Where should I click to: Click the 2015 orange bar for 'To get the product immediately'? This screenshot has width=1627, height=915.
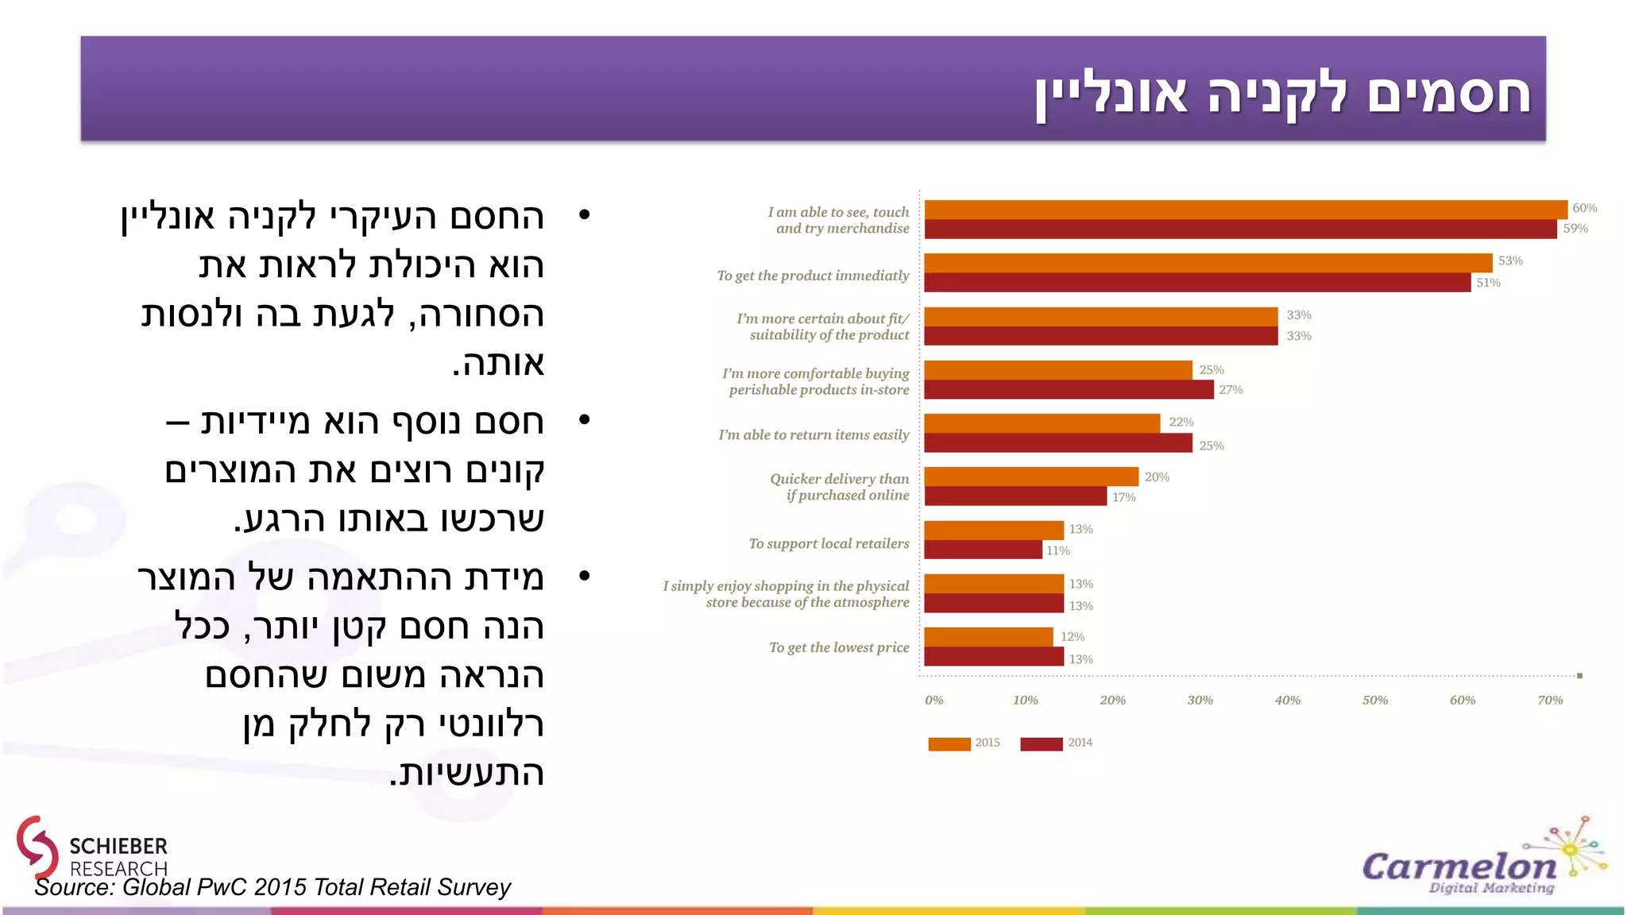pyautogui.click(x=1208, y=263)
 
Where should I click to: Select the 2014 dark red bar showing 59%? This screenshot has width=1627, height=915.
pyautogui.click(x=1239, y=230)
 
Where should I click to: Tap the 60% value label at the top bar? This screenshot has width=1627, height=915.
pyautogui.click(x=1584, y=208)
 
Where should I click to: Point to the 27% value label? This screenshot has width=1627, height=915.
pyautogui.click(x=1231, y=390)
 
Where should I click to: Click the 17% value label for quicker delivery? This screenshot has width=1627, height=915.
pyautogui.click(x=1123, y=497)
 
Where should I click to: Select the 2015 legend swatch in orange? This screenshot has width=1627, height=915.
pyautogui.click(x=949, y=743)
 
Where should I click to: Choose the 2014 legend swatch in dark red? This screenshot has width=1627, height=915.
pyautogui.click(x=1041, y=743)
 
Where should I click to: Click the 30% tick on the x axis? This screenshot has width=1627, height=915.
pyautogui.click(x=1200, y=701)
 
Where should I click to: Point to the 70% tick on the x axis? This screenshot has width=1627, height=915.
pyautogui.click(x=1549, y=701)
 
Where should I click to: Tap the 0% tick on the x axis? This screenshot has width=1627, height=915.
pyautogui.click(x=934, y=701)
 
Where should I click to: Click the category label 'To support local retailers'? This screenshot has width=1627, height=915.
pyautogui.click(x=829, y=544)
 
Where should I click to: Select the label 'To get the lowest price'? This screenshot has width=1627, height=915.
pyautogui.click(x=839, y=648)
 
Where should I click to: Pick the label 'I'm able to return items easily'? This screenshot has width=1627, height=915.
pyautogui.click(x=813, y=435)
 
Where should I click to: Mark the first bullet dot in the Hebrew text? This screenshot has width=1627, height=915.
pyautogui.click(x=585, y=214)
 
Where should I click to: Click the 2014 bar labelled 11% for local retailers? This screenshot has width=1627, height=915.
pyautogui.click(x=983, y=550)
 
